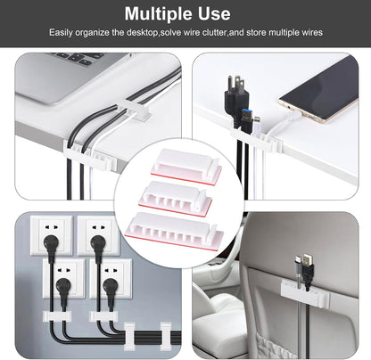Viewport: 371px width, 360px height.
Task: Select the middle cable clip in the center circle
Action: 185,192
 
